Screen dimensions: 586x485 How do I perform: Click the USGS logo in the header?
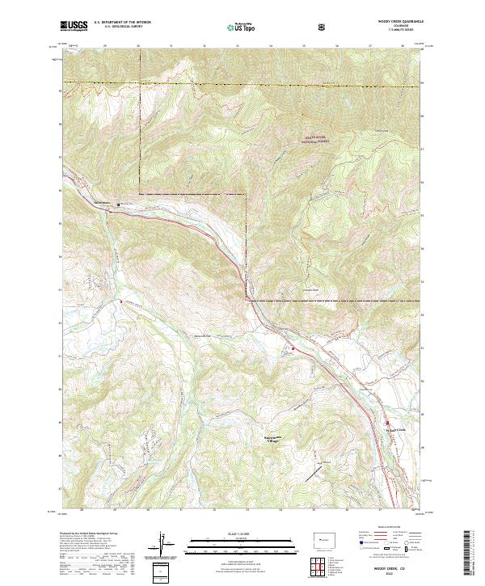click(x=73, y=26)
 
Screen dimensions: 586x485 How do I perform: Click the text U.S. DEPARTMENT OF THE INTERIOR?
click(x=121, y=23)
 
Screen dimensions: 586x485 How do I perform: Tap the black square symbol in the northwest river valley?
click(x=120, y=204)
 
